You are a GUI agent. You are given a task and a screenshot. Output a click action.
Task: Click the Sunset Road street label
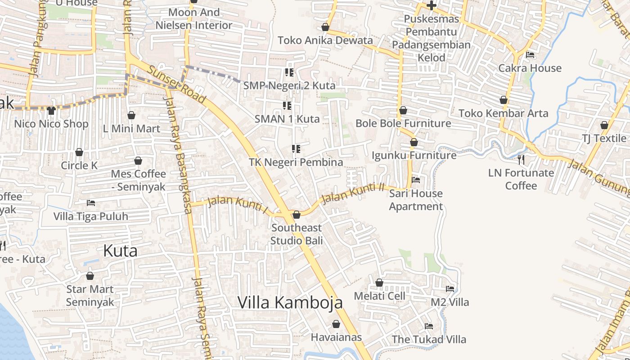tap(177, 85)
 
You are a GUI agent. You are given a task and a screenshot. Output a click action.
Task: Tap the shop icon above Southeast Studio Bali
tap(297, 215)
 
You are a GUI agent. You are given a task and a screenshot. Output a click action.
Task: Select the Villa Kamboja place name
tap(290, 302)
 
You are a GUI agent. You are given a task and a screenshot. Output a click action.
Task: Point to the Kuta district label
tap(120, 251)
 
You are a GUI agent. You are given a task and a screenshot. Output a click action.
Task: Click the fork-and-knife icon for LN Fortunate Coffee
tap(521, 159)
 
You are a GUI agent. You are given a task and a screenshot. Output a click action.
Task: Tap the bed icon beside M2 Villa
tap(450, 288)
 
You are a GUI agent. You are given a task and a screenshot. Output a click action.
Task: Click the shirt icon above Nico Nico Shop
tap(51, 110)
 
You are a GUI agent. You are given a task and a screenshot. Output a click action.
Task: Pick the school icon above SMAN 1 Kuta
tap(287, 106)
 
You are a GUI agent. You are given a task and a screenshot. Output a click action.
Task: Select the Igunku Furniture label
tap(414, 155)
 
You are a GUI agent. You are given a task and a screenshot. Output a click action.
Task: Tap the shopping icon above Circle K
tap(79, 152)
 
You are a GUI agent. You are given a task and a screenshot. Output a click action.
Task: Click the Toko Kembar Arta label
tap(504, 113)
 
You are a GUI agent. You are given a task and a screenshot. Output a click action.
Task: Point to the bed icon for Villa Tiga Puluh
tap(91, 203)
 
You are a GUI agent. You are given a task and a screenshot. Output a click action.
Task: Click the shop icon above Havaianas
tap(336, 324)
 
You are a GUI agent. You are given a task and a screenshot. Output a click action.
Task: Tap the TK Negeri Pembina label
tap(296, 162)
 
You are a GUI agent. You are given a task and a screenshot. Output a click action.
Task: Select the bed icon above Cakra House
tap(530, 55)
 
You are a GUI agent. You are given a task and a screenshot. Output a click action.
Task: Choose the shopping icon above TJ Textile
tap(604, 125)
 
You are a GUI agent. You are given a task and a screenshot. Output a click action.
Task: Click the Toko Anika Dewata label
tap(325, 40)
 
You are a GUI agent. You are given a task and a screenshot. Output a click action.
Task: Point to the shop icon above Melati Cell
tap(379, 283)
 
